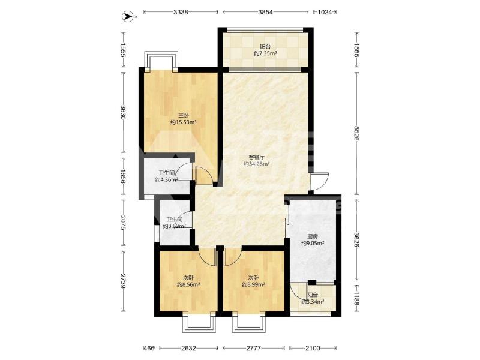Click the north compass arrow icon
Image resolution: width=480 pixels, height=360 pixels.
click(127, 16)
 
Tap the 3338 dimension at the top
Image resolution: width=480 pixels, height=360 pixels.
click(181, 12)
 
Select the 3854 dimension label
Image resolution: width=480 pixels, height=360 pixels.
click(265, 12)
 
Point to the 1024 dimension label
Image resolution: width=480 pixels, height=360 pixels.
click(325, 12)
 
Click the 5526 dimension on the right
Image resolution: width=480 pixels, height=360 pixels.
click(356, 133)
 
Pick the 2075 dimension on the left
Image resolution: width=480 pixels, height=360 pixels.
click(123, 223)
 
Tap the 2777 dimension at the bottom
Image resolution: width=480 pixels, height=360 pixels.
click(253, 348)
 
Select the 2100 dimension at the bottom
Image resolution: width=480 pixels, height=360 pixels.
click(313, 348)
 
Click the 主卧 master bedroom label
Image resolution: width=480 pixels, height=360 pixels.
click(184, 115)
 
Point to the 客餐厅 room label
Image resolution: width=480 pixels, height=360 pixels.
click(257, 157)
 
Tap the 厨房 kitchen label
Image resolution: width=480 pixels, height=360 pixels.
click(312, 236)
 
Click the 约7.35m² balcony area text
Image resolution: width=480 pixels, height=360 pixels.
click(265, 53)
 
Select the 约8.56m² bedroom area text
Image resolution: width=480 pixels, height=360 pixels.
click(188, 284)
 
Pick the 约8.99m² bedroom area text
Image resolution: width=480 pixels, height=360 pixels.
click(253, 284)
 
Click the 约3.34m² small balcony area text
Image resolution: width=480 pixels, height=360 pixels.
click(313, 302)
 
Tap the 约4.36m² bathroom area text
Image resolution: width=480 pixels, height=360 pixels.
click(167, 179)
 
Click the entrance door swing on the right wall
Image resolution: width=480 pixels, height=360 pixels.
click(320, 182)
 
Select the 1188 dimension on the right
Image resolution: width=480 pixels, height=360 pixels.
click(356, 298)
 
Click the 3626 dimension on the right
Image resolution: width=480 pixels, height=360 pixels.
click(356, 240)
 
